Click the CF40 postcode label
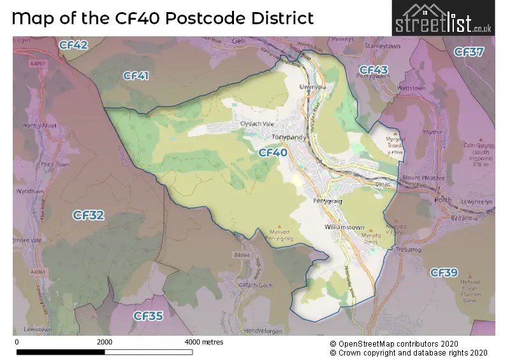[x=273, y=153]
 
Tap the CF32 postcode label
[x=89, y=215]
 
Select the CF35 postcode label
[x=148, y=315]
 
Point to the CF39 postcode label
[x=444, y=273]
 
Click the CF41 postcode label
[x=136, y=76]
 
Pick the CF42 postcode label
[x=74, y=45]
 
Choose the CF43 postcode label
[x=374, y=69]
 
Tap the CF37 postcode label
[x=469, y=52]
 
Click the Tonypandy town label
[x=289, y=137]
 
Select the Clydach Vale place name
[x=255, y=124]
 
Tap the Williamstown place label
[x=344, y=226]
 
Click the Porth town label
[x=442, y=199]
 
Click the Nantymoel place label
[x=43, y=126]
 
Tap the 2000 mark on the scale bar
[x=105, y=342]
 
